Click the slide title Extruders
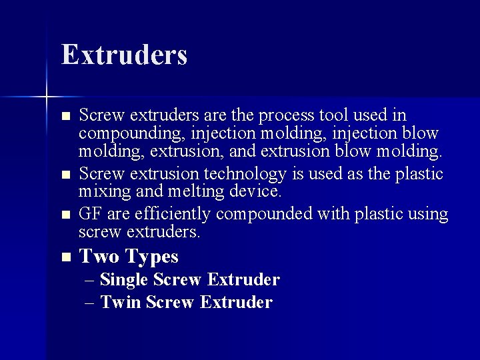pyautogui.click(x=124, y=55)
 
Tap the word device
pyautogui.click(x=257, y=191)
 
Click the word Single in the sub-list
pyautogui.click(x=124, y=279)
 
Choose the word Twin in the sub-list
pyautogui.click(x=120, y=302)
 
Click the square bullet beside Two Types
pyautogui.click(x=65, y=257)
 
